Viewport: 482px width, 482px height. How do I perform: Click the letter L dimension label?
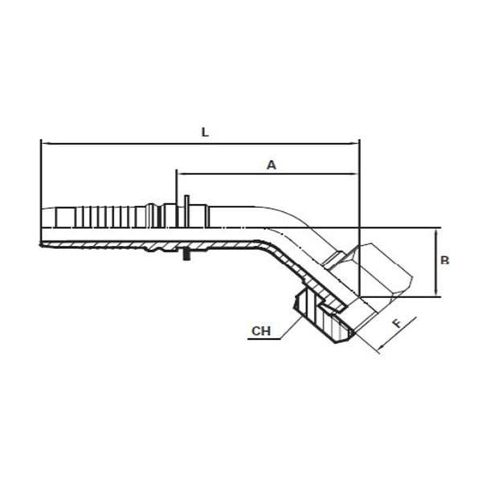(205, 133)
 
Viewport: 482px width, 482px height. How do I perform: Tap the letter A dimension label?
(272, 165)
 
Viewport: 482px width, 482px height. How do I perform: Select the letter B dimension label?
(445, 260)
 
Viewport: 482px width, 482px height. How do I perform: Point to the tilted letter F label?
(398, 323)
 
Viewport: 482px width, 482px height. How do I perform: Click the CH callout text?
(261, 331)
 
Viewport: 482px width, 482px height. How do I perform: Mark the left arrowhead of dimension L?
(44, 144)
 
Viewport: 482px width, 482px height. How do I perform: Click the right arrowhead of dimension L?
(355, 144)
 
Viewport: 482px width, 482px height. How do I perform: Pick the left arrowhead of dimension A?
(181, 174)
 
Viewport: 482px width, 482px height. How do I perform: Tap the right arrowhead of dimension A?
(355, 174)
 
